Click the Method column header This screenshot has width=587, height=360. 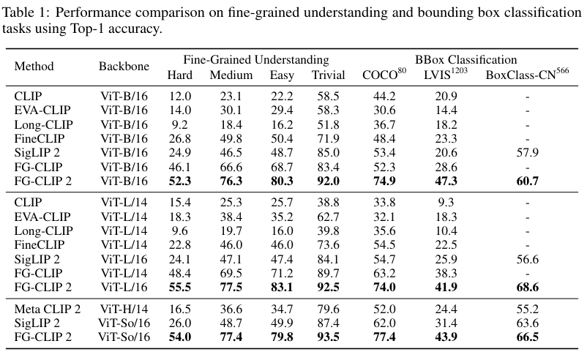tap(34, 67)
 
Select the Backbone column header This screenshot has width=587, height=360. tap(124, 67)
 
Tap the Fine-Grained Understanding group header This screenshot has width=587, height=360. tap(256, 60)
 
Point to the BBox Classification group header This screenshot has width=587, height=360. tap(466, 60)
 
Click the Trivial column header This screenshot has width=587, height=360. tap(329, 74)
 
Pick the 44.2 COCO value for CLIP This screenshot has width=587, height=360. tap(384, 96)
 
